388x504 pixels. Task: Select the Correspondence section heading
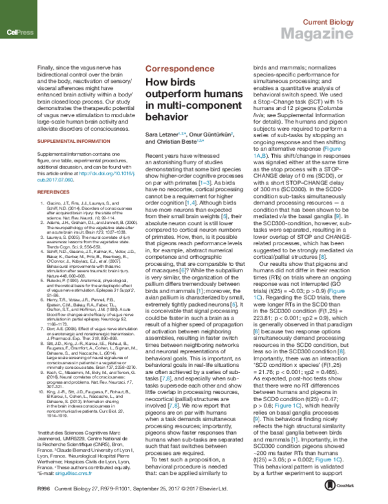click(x=177, y=68)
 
